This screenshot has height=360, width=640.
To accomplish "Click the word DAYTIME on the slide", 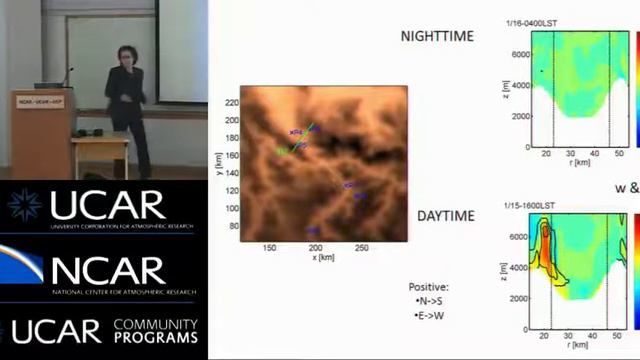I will [x=436, y=215].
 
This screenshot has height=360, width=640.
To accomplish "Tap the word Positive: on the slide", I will [x=429, y=287].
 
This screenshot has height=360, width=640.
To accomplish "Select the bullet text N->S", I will [x=432, y=301].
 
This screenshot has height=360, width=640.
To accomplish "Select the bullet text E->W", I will [x=433, y=316].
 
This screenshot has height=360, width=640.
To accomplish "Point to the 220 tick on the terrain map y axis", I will [x=232, y=103].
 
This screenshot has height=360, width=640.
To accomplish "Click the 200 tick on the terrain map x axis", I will [x=315, y=247].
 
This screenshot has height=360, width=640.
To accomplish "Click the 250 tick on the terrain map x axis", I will [x=362, y=247].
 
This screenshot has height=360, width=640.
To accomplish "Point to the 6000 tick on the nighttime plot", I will [x=516, y=53].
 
